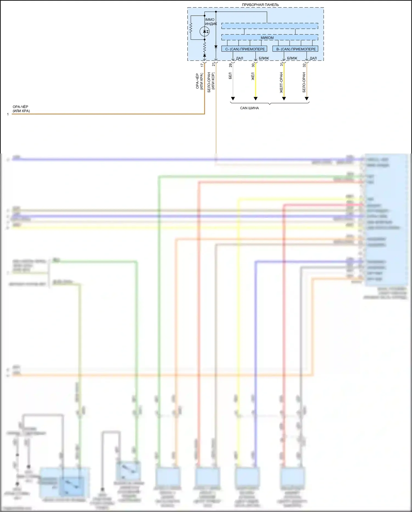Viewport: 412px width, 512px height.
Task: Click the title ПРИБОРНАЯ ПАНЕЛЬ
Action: (260, 5)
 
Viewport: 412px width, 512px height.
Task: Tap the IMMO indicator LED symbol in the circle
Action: (205, 31)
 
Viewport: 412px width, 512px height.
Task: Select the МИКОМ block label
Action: (267, 38)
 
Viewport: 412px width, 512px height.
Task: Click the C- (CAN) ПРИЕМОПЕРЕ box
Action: (244, 49)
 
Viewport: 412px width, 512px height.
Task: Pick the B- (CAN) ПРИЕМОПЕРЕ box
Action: (296, 49)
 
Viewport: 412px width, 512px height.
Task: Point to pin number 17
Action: (202, 65)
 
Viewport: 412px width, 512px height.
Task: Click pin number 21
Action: (213, 65)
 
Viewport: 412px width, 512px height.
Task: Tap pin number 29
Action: (230, 65)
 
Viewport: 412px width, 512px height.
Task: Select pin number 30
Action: (253, 65)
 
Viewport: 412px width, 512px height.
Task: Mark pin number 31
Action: (282, 64)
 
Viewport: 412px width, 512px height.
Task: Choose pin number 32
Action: (304, 65)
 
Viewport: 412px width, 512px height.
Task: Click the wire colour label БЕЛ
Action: (230, 76)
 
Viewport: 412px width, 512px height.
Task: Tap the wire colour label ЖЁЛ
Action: (253, 76)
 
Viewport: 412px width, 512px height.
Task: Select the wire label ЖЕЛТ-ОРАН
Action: (281, 82)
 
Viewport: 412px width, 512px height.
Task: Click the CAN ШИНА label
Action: (249, 108)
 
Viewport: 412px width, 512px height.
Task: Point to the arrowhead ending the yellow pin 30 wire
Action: (255, 98)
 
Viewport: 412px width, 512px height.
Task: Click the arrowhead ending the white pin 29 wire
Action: (233, 98)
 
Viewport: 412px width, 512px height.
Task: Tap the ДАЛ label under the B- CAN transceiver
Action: (313, 58)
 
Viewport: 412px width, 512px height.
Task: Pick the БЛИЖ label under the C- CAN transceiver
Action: (264, 58)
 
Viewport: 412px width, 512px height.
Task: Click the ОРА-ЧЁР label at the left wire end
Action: (21, 107)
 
